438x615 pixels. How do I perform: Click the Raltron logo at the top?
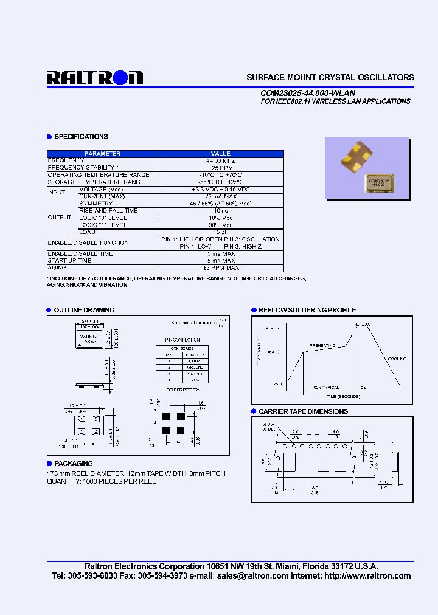(95, 78)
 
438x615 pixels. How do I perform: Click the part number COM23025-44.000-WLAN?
(307, 93)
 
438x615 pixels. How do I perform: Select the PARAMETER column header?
(102, 154)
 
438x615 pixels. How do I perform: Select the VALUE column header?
(220, 154)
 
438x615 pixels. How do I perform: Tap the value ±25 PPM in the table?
(220, 168)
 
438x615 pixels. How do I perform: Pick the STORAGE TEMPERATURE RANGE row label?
(96, 182)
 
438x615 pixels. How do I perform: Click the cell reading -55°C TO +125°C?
(220, 182)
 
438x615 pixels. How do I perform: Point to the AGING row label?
(57, 267)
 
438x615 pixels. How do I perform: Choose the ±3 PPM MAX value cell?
(220, 267)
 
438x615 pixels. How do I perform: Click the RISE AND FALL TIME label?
(108, 211)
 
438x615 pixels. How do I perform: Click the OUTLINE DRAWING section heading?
(84, 310)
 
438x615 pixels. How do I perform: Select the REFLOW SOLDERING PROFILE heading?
(307, 310)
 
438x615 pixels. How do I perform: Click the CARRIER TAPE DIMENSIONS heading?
(303, 411)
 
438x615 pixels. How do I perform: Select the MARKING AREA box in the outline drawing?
(90, 338)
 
